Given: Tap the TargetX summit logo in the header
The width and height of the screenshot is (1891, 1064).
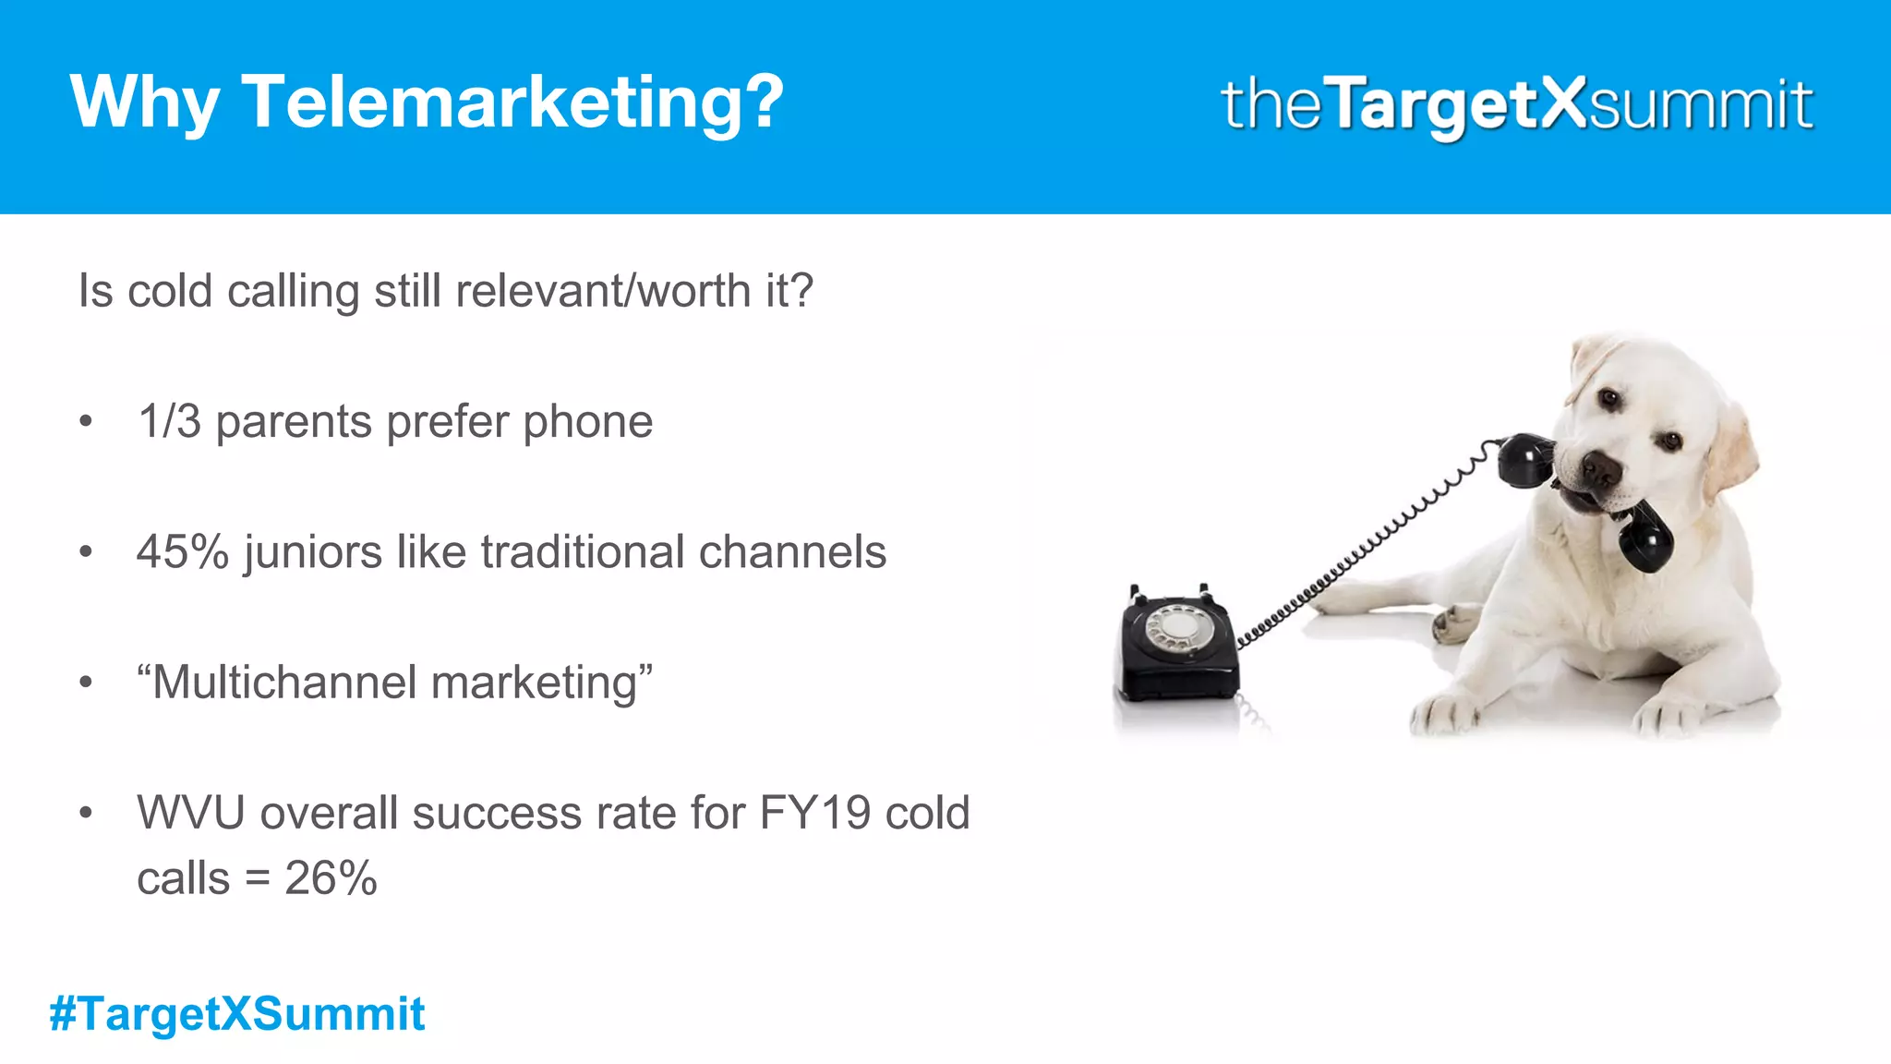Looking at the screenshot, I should coord(1517,104).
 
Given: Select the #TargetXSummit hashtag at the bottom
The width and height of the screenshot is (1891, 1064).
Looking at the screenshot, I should coord(237,1013).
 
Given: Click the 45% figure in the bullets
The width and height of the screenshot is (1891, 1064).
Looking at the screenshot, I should coord(183,552).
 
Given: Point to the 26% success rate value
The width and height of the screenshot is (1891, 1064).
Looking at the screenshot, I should coord(331,877).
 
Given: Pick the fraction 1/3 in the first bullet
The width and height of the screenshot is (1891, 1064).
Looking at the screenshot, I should coord(169,422).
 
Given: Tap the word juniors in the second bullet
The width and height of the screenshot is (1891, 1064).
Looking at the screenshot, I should coord(313,552).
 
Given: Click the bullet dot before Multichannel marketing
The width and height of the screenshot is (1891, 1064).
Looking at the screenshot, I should coord(86,683).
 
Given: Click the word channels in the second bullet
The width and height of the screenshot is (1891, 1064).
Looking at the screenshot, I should coord(792,552).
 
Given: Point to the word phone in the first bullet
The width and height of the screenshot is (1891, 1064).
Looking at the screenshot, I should coord(587,422).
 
